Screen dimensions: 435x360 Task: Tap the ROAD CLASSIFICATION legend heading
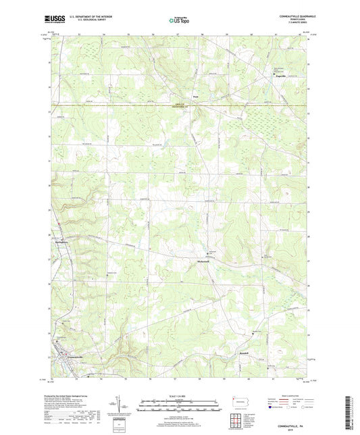290,396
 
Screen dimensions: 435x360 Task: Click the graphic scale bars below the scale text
179,407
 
